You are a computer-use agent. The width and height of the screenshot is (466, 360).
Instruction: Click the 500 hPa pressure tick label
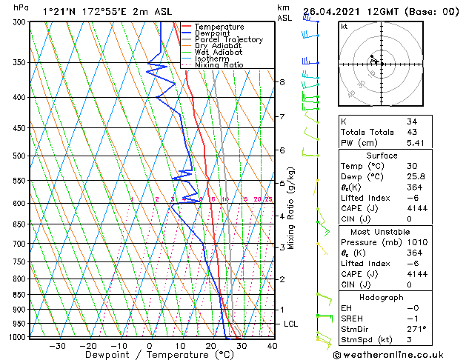[x=19, y=156]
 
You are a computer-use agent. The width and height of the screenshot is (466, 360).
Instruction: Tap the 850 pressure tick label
[x=19, y=295]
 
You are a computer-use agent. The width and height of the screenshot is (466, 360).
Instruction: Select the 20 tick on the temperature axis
[x=210, y=345]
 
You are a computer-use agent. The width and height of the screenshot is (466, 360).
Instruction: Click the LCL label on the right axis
[x=292, y=324]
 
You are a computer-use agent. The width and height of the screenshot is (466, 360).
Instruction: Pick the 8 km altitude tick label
[x=282, y=82]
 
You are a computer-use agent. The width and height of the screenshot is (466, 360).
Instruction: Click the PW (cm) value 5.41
[x=416, y=143]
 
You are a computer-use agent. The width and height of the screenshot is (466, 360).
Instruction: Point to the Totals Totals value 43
[x=412, y=132]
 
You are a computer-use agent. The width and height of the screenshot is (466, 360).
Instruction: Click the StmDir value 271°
[x=416, y=329]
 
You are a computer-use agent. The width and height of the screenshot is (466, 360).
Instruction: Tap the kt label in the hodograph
[x=344, y=26]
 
